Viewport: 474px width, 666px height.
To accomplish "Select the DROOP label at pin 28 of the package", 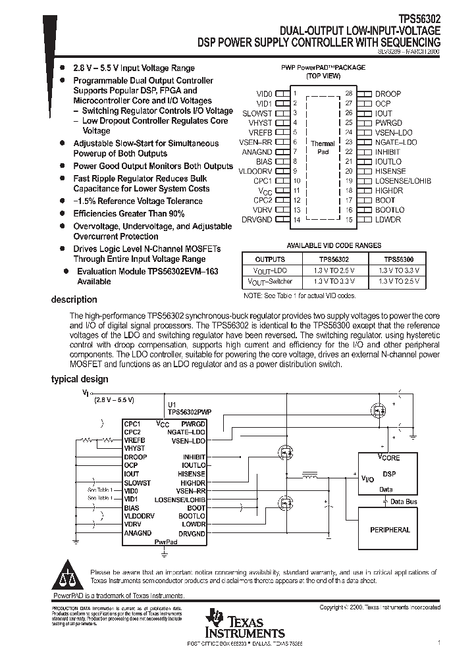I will pos(388,94).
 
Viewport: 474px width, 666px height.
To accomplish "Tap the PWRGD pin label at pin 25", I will pos(388,122).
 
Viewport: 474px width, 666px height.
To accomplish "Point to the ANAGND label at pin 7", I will pos(257,151).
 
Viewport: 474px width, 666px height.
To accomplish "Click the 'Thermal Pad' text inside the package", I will pos(322,147).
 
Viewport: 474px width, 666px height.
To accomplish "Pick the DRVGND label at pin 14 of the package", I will pos(257,219).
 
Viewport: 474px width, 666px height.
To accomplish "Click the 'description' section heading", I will pos(74,299).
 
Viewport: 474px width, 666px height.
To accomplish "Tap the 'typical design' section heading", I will pos(80,379).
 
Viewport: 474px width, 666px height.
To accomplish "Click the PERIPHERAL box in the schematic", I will pos(390,530).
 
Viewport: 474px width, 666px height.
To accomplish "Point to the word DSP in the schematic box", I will pos(389,474).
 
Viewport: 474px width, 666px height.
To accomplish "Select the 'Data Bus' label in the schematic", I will pos(404,501).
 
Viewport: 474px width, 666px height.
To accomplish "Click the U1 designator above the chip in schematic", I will pos(172,405).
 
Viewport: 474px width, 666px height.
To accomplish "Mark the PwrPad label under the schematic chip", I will pos(165,542).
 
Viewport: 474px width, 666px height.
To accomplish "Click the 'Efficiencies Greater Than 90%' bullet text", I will pos(129,214).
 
